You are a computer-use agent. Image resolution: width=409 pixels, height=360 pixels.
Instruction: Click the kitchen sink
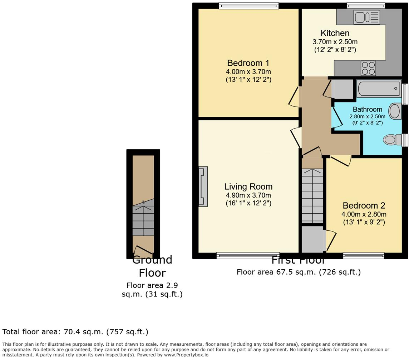click(x=366, y=17)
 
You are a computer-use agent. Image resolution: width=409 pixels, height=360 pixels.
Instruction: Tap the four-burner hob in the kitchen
click(x=368, y=68)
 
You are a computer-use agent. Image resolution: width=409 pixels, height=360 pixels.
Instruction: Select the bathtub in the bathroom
click(x=379, y=88)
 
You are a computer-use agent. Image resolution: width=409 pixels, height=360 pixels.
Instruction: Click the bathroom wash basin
click(x=395, y=111)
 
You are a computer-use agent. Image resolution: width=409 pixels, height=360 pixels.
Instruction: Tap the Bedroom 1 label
click(x=248, y=63)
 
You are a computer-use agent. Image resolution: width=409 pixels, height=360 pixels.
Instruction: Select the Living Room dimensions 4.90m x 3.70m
click(x=248, y=195)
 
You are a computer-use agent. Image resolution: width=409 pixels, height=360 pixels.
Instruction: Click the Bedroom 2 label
click(x=364, y=205)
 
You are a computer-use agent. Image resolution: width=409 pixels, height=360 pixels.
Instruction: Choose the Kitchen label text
click(x=335, y=33)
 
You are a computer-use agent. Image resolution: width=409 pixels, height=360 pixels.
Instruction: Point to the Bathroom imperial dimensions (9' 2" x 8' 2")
click(x=367, y=122)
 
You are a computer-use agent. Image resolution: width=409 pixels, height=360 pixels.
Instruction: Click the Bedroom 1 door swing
click(x=294, y=97)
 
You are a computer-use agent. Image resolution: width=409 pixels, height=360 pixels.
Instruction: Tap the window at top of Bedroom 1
click(x=248, y=5)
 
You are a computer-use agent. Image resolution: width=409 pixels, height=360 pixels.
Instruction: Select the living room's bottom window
click(x=248, y=255)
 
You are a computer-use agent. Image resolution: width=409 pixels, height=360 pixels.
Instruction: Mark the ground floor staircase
click(x=143, y=218)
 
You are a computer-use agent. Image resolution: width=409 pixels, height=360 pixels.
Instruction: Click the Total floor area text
click(x=75, y=332)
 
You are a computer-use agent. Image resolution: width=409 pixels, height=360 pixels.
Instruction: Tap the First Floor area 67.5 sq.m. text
click(x=299, y=272)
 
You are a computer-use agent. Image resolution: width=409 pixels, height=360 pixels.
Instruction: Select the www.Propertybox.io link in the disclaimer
click(x=186, y=355)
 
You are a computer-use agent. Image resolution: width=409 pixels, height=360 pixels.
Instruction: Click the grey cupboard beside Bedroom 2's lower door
click(x=312, y=239)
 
